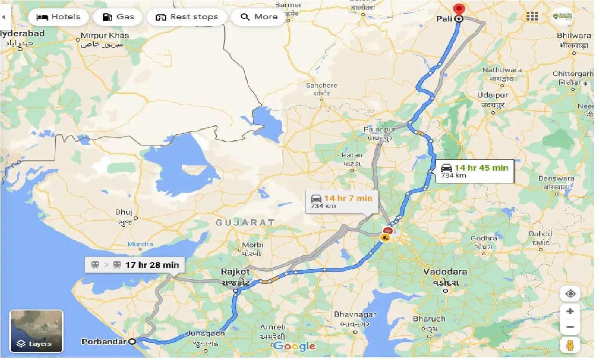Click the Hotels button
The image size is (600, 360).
[x=58, y=17]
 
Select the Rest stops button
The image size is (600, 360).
[x=186, y=17]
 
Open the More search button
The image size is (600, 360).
[x=259, y=17]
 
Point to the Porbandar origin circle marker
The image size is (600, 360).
[x=133, y=342]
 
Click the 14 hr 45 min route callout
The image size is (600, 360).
[x=474, y=171]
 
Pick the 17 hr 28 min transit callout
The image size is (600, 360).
[x=135, y=265]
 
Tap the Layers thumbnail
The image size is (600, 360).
[x=36, y=331]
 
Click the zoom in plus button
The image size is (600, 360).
[x=570, y=311]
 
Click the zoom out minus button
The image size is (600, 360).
[x=570, y=327]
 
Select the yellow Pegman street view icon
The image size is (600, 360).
[x=570, y=346]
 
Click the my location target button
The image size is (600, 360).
[x=570, y=294]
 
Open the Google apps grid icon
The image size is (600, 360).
[x=532, y=17]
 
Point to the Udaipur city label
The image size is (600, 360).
[x=493, y=95]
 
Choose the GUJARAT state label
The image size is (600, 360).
[x=245, y=223]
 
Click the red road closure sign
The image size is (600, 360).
[x=387, y=230]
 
